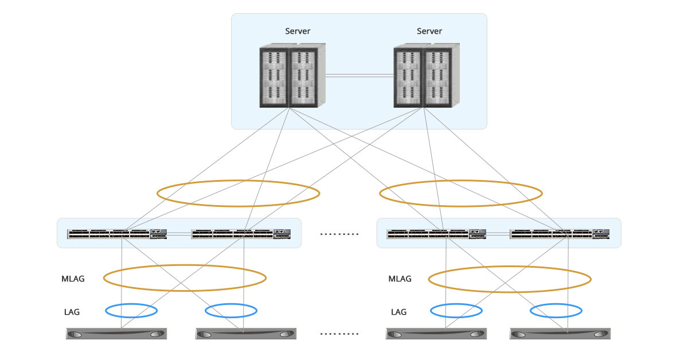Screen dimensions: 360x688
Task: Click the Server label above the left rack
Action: tap(298, 31)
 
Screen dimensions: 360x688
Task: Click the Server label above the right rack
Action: tap(429, 31)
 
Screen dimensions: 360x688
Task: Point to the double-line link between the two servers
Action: tap(359, 75)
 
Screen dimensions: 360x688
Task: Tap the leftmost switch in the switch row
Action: tap(117, 233)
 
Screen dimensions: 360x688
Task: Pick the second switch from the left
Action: tap(241, 233)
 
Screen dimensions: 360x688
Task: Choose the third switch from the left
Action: tap(437, 233)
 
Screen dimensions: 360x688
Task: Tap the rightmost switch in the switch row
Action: tap(560, 233)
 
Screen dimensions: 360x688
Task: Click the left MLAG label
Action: tap(73, 279)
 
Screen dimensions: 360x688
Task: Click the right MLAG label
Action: tap(400, 279)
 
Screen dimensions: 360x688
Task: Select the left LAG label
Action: tap(72, 312)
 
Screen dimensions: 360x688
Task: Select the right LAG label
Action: tap(398, 312)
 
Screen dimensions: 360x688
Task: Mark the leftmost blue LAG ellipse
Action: tap(131, 311)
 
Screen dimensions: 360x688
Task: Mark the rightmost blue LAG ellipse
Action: tap(556, 311)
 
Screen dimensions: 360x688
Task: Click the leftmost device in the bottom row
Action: tap(116, 334)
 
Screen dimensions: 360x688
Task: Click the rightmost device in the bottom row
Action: tap(560, 334)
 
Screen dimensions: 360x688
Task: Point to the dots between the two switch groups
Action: tap(339, 234)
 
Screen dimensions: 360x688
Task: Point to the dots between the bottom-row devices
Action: tap(339, 334)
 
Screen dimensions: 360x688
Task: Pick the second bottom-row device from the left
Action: tap(246, 334)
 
